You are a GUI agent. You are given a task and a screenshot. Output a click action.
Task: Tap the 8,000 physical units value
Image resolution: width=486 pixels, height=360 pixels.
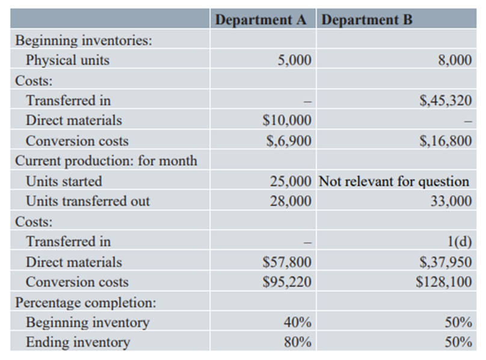tap(455, 60)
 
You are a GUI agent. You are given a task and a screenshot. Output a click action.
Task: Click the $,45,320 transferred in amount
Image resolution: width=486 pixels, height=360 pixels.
tap(445, 101)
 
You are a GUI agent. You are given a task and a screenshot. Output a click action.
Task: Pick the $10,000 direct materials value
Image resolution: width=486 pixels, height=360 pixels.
tap(288, 120)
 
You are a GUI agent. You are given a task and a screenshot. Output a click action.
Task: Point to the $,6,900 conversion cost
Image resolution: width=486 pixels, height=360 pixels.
tap(289, 141)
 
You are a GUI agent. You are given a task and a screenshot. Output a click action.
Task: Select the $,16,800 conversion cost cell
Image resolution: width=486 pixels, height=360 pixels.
tap(445, 141)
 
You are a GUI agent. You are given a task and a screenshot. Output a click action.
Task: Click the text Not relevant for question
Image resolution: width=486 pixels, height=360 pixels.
tap(393, 181)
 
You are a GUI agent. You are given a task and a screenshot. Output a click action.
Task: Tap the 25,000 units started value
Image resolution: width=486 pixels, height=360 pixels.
tap(291, 181)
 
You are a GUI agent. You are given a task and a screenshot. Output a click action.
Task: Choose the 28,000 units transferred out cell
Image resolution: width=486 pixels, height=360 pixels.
tap(291, 202)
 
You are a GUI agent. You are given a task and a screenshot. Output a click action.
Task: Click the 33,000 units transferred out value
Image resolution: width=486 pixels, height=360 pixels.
tap(452, 202)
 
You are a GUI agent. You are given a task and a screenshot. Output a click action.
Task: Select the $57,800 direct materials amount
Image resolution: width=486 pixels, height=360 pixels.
tap(288, 262)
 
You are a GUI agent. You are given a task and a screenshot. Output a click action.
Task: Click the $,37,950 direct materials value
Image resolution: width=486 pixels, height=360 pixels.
tap(445, 262)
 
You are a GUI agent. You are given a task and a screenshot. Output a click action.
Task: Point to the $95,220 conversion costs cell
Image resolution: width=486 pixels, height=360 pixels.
tap(288, 282)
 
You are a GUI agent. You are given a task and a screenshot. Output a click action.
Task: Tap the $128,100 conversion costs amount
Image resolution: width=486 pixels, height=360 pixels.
tap(444, 282)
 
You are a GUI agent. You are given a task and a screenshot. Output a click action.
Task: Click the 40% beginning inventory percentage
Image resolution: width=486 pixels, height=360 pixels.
tap(297, 323)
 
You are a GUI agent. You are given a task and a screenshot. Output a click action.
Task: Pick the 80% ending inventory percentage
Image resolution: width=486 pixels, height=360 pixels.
tap(297, 343)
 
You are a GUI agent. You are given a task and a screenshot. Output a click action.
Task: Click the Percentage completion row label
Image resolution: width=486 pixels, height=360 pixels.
tap(81, 302)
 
